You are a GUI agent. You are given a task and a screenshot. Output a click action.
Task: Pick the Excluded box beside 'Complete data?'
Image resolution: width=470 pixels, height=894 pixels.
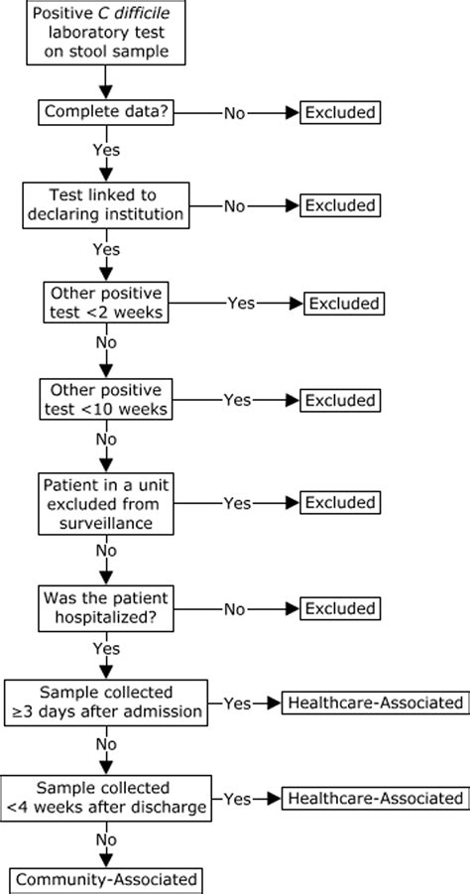click(340, 112)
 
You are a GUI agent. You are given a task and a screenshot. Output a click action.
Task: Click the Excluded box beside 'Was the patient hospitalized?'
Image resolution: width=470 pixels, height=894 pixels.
click(340, 606)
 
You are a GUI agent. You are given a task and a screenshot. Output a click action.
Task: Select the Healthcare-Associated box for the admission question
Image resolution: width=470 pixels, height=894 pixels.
click(376, 702)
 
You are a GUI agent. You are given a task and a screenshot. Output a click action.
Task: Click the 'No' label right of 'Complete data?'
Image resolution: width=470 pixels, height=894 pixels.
click(234, 112)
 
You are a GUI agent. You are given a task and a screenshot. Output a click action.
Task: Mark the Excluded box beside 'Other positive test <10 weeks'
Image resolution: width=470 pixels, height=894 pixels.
click(340, 400)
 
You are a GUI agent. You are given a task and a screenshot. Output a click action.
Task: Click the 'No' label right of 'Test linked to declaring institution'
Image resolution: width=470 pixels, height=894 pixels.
click(234, 205)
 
